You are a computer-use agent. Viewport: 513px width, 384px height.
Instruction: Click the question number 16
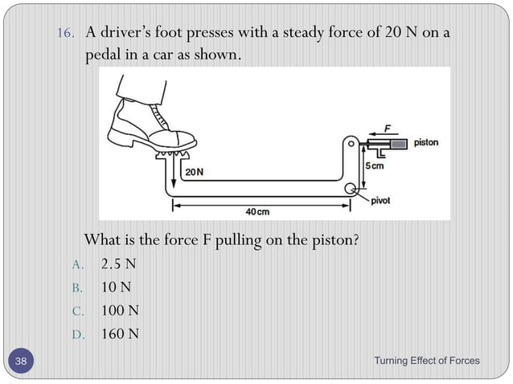click(66, 34)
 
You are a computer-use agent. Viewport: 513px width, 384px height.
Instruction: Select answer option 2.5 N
click(118, 263)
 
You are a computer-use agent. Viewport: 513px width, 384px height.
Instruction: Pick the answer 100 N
click(120, 310)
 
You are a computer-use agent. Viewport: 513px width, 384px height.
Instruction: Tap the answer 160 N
click(120, 333)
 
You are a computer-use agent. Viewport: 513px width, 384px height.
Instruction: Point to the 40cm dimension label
click(256, 211)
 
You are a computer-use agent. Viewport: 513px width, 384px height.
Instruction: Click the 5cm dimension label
click(375, 166)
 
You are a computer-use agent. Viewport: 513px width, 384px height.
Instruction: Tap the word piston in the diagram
click(427, 143)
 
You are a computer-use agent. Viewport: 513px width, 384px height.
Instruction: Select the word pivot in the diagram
click(381, 200)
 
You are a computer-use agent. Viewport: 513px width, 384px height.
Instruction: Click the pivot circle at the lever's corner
click(351, 190)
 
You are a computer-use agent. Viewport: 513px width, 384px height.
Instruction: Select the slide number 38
click(20, 362)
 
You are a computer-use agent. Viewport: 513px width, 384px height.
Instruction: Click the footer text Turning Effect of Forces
click(426, 361)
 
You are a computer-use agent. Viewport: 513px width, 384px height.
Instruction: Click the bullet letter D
click(77, 334)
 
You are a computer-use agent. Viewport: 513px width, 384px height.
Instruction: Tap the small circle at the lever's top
click(351, 144)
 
